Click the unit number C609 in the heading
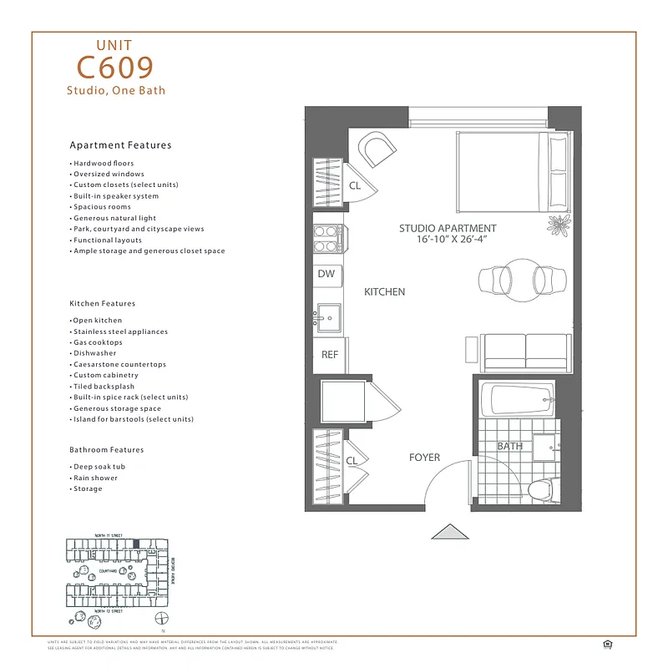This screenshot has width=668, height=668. [x=115, y=67]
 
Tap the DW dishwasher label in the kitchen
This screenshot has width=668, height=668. [x=326, y=274]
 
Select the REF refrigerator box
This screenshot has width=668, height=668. [x=330, y=355]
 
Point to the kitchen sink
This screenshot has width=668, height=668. [x=327, y=317]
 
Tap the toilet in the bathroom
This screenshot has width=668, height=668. [x=542, y=489]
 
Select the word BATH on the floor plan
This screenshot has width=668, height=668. [x=509, y=446]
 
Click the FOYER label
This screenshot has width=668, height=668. [x=424, y=458]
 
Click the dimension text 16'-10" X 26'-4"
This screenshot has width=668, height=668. [x=448, y=240]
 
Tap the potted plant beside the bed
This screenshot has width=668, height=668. [x=558, y=224]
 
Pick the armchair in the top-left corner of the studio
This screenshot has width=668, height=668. [x=377, y=152]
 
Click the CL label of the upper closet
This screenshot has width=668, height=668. [x=355, y=186]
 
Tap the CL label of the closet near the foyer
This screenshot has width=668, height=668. [x=352, y=460]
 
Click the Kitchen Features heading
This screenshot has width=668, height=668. [x=102, y=304]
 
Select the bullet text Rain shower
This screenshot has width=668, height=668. [x=95, y=478]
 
